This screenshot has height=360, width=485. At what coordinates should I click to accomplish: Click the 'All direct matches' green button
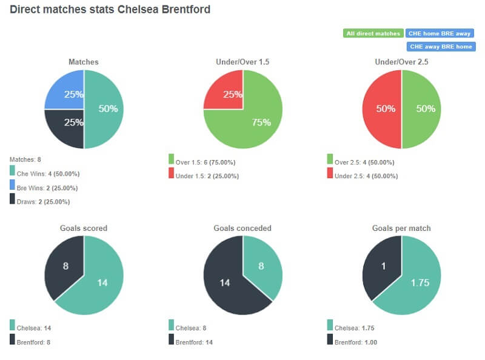pyautogui.click(x=373, y=33)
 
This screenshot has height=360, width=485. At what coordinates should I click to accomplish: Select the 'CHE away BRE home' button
pyautogui.click(x=441, y=47)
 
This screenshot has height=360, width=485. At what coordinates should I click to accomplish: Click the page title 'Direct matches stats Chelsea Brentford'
pyautogui.click(x=110, y=10)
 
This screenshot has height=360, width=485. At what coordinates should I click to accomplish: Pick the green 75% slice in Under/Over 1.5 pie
pyautogui.click(x=255, y=121)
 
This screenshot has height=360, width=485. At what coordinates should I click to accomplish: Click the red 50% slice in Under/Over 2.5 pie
pyautogui.click(x=382, y=109)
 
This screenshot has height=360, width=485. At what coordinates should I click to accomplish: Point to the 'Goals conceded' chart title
pyautogui.click(x=242, y=228)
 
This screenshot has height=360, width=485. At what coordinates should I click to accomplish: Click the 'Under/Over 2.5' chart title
pyautogui.click(x=401, y=62)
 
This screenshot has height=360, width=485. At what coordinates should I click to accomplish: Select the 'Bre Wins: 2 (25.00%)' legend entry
pyautogui.click(x=51, y=188)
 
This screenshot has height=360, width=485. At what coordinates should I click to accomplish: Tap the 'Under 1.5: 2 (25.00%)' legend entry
pyautogui.click(x=206, y=176)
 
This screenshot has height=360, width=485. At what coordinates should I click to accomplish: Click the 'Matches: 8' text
pyautogui.click(x=23, y=159)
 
